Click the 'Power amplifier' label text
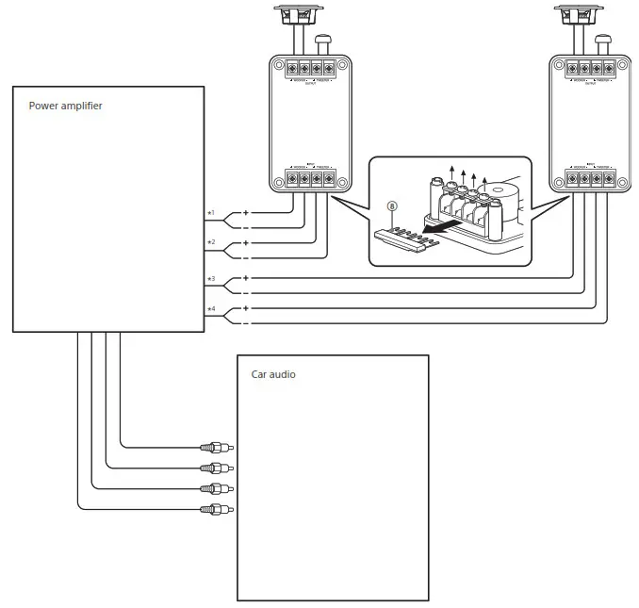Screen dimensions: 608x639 (x=65, y=107)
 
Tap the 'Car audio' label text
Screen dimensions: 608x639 (x=272, y=374)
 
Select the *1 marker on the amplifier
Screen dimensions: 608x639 (x=211, y=213)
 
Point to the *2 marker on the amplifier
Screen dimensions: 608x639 (x=211, y=242)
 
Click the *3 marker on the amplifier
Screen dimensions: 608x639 (x=211, y=279)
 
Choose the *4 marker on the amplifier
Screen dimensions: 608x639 (x=211, y=309)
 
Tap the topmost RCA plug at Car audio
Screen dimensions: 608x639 (x=216, y=448)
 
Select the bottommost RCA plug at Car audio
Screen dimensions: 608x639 (x=216, y=510)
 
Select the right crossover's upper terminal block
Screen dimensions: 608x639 (x=590, y=68)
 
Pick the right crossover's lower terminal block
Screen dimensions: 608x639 (x=590, y=178)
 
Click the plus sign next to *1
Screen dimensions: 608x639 (x=246, y=212)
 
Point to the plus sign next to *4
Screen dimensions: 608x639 (x=246, y=308)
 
